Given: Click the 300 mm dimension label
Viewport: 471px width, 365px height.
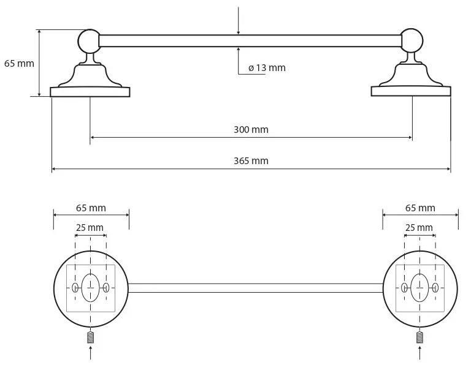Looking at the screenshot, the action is (x=251, y=130).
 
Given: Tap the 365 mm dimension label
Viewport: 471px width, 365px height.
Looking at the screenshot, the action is (x=251, y=160).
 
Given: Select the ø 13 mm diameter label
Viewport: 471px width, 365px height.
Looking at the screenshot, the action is (x=267, y=68).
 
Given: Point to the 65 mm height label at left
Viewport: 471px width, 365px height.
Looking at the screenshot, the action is (x=19, y=64).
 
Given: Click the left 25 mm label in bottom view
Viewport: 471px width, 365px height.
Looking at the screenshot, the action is (x=90, y=228).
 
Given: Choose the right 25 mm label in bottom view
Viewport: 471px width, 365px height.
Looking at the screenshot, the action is (x=419, y=228).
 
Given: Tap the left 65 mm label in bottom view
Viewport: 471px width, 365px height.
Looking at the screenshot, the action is (x=91, y=208).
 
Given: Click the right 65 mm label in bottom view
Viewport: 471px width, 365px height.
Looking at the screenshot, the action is (x=420, y=208).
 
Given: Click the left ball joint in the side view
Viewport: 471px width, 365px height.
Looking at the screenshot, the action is (x=89, y=41).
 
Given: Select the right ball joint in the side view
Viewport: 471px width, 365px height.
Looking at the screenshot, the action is (x=412, y=40).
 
